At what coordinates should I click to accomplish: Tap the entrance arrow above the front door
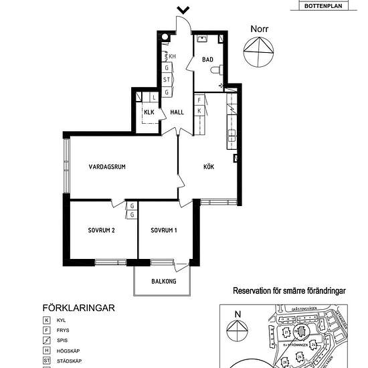click(x=182, y=9)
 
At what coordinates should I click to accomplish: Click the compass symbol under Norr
click(x=259, y=52)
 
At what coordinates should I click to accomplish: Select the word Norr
click(x=259, y=29)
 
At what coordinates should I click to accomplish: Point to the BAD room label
click(x=207, y=60)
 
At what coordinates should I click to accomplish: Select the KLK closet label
click(x=149, y=112)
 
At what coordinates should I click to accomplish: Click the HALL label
click(x=177, y=112)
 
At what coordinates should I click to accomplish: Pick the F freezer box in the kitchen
click(x=199, y=100)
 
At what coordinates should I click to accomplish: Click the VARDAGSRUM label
click(x=108, y=167)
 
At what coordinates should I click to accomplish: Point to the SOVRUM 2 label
click(x=102, y=231)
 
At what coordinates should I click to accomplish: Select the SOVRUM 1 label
click(x=164, y=231)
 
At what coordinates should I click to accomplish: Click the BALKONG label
click(x=164, y=282)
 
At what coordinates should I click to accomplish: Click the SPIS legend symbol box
click(x=46, y=341)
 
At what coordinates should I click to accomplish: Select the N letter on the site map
click(x=237, y=313)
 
